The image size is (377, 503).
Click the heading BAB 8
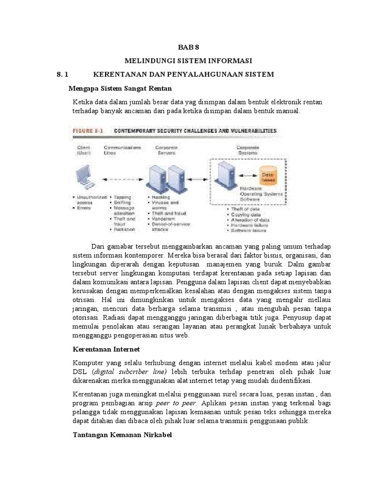(x=188, y=47)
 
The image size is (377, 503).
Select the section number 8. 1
(x=64, y=74)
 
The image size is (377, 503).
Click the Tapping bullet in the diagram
(x=122, y=197)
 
